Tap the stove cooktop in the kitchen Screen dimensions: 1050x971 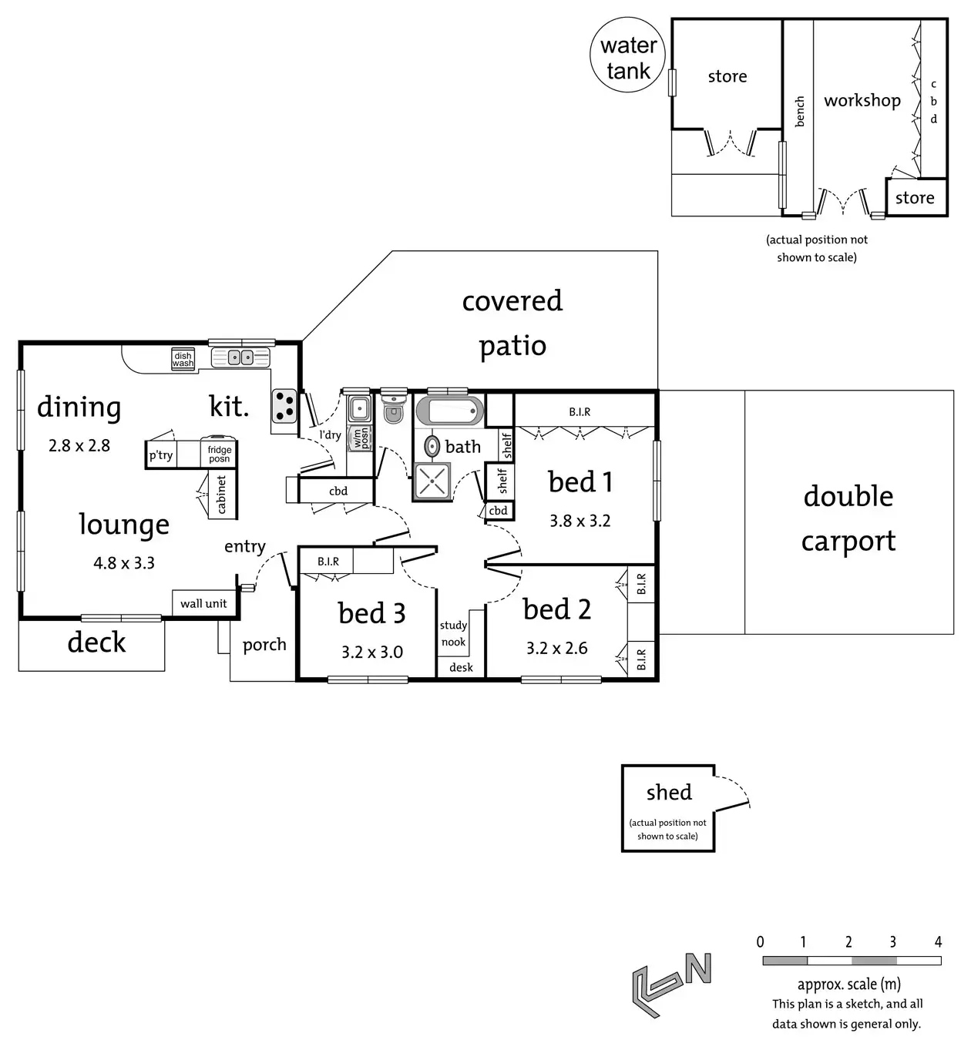pyautogui.click(x=284, y=406)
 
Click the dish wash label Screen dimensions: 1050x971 pyautogui.click(x=183, y=359)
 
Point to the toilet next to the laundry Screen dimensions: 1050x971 pyautogui.click(x=394, y=408)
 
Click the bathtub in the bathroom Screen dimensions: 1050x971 pyautogui.click(x=449, y=410)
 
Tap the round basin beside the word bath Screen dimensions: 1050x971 pyautogui.click(x=433, y=445)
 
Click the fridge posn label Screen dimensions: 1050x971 pyautogui.click(x=219, y=454)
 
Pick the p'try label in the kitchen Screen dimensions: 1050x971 pyautogui.click(x=161, y=455)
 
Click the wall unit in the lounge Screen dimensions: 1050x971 pyautogui.click(x=203, y=603)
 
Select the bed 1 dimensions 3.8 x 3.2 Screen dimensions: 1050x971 pyautogui.click(x=580, y=521)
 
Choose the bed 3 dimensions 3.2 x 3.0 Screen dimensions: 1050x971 pyautogui.click(x=372, y=652)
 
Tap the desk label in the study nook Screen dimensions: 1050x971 pyautogui.click(x=461, y=667)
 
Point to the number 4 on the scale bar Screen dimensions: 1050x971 pyautogui.click(x=938, y=941)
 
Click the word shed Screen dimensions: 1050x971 pyautogui.click(x=669, y=792)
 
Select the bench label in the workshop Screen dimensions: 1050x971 pyautogui.click(x=799, y=112)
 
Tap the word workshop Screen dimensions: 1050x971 pyautogui.click(x=862, y=100)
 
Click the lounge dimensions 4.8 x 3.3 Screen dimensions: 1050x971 pyautogui.click(x=124, y=563)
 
